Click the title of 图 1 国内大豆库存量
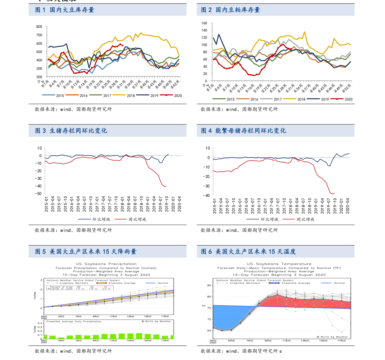pos(65,10)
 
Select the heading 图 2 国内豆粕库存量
pos(230,10)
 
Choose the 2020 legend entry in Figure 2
pos(348,99)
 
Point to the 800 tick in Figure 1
pos(39,27)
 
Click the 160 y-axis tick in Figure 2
pos(204,23)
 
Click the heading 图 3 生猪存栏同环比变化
pos(71,131)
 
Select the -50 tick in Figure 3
pos(39,193)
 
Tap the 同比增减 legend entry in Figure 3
pos(137,219)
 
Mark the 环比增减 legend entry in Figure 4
pos(269,219)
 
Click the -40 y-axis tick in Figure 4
pos(206,196)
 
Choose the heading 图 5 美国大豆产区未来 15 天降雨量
pos(86,252)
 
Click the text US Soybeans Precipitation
pos(106,264)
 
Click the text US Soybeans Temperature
pos(279,264)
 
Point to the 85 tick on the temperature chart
pos(209,285)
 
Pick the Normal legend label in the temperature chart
pos(339,283)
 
